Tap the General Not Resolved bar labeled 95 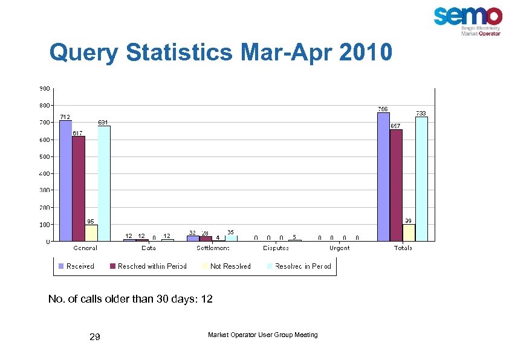pos(91,233)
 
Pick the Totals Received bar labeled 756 pos(383,177)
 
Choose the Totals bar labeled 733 pos(421,179)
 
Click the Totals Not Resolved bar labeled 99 pos(409,233)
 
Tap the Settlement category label pos(212,248)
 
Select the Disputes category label pos(276,248)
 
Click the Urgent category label pos(339,248)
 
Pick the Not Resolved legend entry pos(230,266)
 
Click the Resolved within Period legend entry pos(152,266)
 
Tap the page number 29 pos(94,337)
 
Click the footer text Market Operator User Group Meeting pos(262,335)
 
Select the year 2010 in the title pos(366,53)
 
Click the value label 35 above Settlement pos(230,232)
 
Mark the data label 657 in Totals pos(396,126)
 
